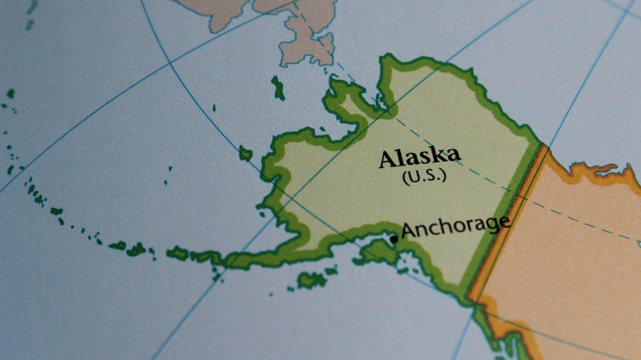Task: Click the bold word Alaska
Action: pos(419,156)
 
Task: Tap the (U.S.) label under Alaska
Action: pos(420,176)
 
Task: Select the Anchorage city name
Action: pos(455,226)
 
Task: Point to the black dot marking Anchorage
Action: pos(394,239)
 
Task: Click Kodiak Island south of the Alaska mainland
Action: pos(311,280)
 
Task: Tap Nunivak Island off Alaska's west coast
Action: pos(245,153)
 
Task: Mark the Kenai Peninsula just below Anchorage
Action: pos(383,250)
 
